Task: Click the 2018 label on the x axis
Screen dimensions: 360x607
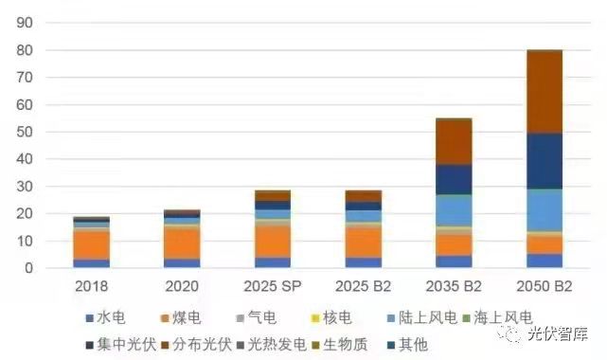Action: click(x=92, y=285)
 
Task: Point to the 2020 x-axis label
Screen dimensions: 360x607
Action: click(x=182, y=285)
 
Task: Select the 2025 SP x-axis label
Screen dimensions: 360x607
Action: click(x=273, y=285)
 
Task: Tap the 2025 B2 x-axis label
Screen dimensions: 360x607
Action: click(x=363, y=285)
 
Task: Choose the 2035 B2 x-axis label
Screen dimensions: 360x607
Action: click(x=454, y=285)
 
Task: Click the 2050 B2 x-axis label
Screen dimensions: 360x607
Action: click(x=545, y=285)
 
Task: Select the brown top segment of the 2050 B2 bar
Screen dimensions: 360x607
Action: click(x=545, y=91)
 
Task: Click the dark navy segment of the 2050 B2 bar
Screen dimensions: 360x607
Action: click(x=545, y=161)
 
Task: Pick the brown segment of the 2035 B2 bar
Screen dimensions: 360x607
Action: click(x=454, y=141)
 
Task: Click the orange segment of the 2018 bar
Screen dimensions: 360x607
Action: click(x=92, y=244)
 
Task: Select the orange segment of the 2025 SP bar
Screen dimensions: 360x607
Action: click(x=273, y=241)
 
